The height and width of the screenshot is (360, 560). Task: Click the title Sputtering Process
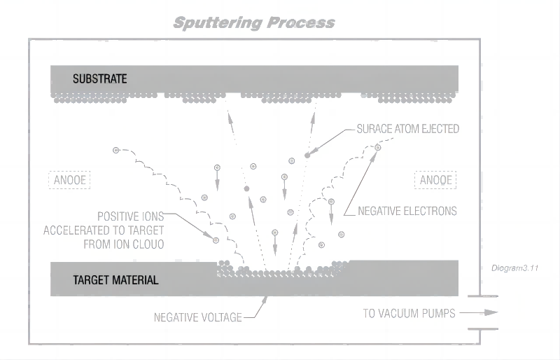[253, 22]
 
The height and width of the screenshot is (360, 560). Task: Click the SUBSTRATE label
[99, 78]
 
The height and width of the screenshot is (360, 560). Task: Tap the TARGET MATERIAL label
[115, 280]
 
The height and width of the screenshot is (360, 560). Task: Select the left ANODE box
[69, 180]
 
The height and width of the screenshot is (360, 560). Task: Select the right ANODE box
[435, 180]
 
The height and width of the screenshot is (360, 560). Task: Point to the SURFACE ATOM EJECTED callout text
[407, 129]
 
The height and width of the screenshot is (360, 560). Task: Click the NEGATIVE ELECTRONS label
[407, 210]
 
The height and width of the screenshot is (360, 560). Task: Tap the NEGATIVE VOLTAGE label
[197, 317]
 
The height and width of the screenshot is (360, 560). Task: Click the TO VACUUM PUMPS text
[409, 313]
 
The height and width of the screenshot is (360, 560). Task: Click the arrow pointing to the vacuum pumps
[482, 313]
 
